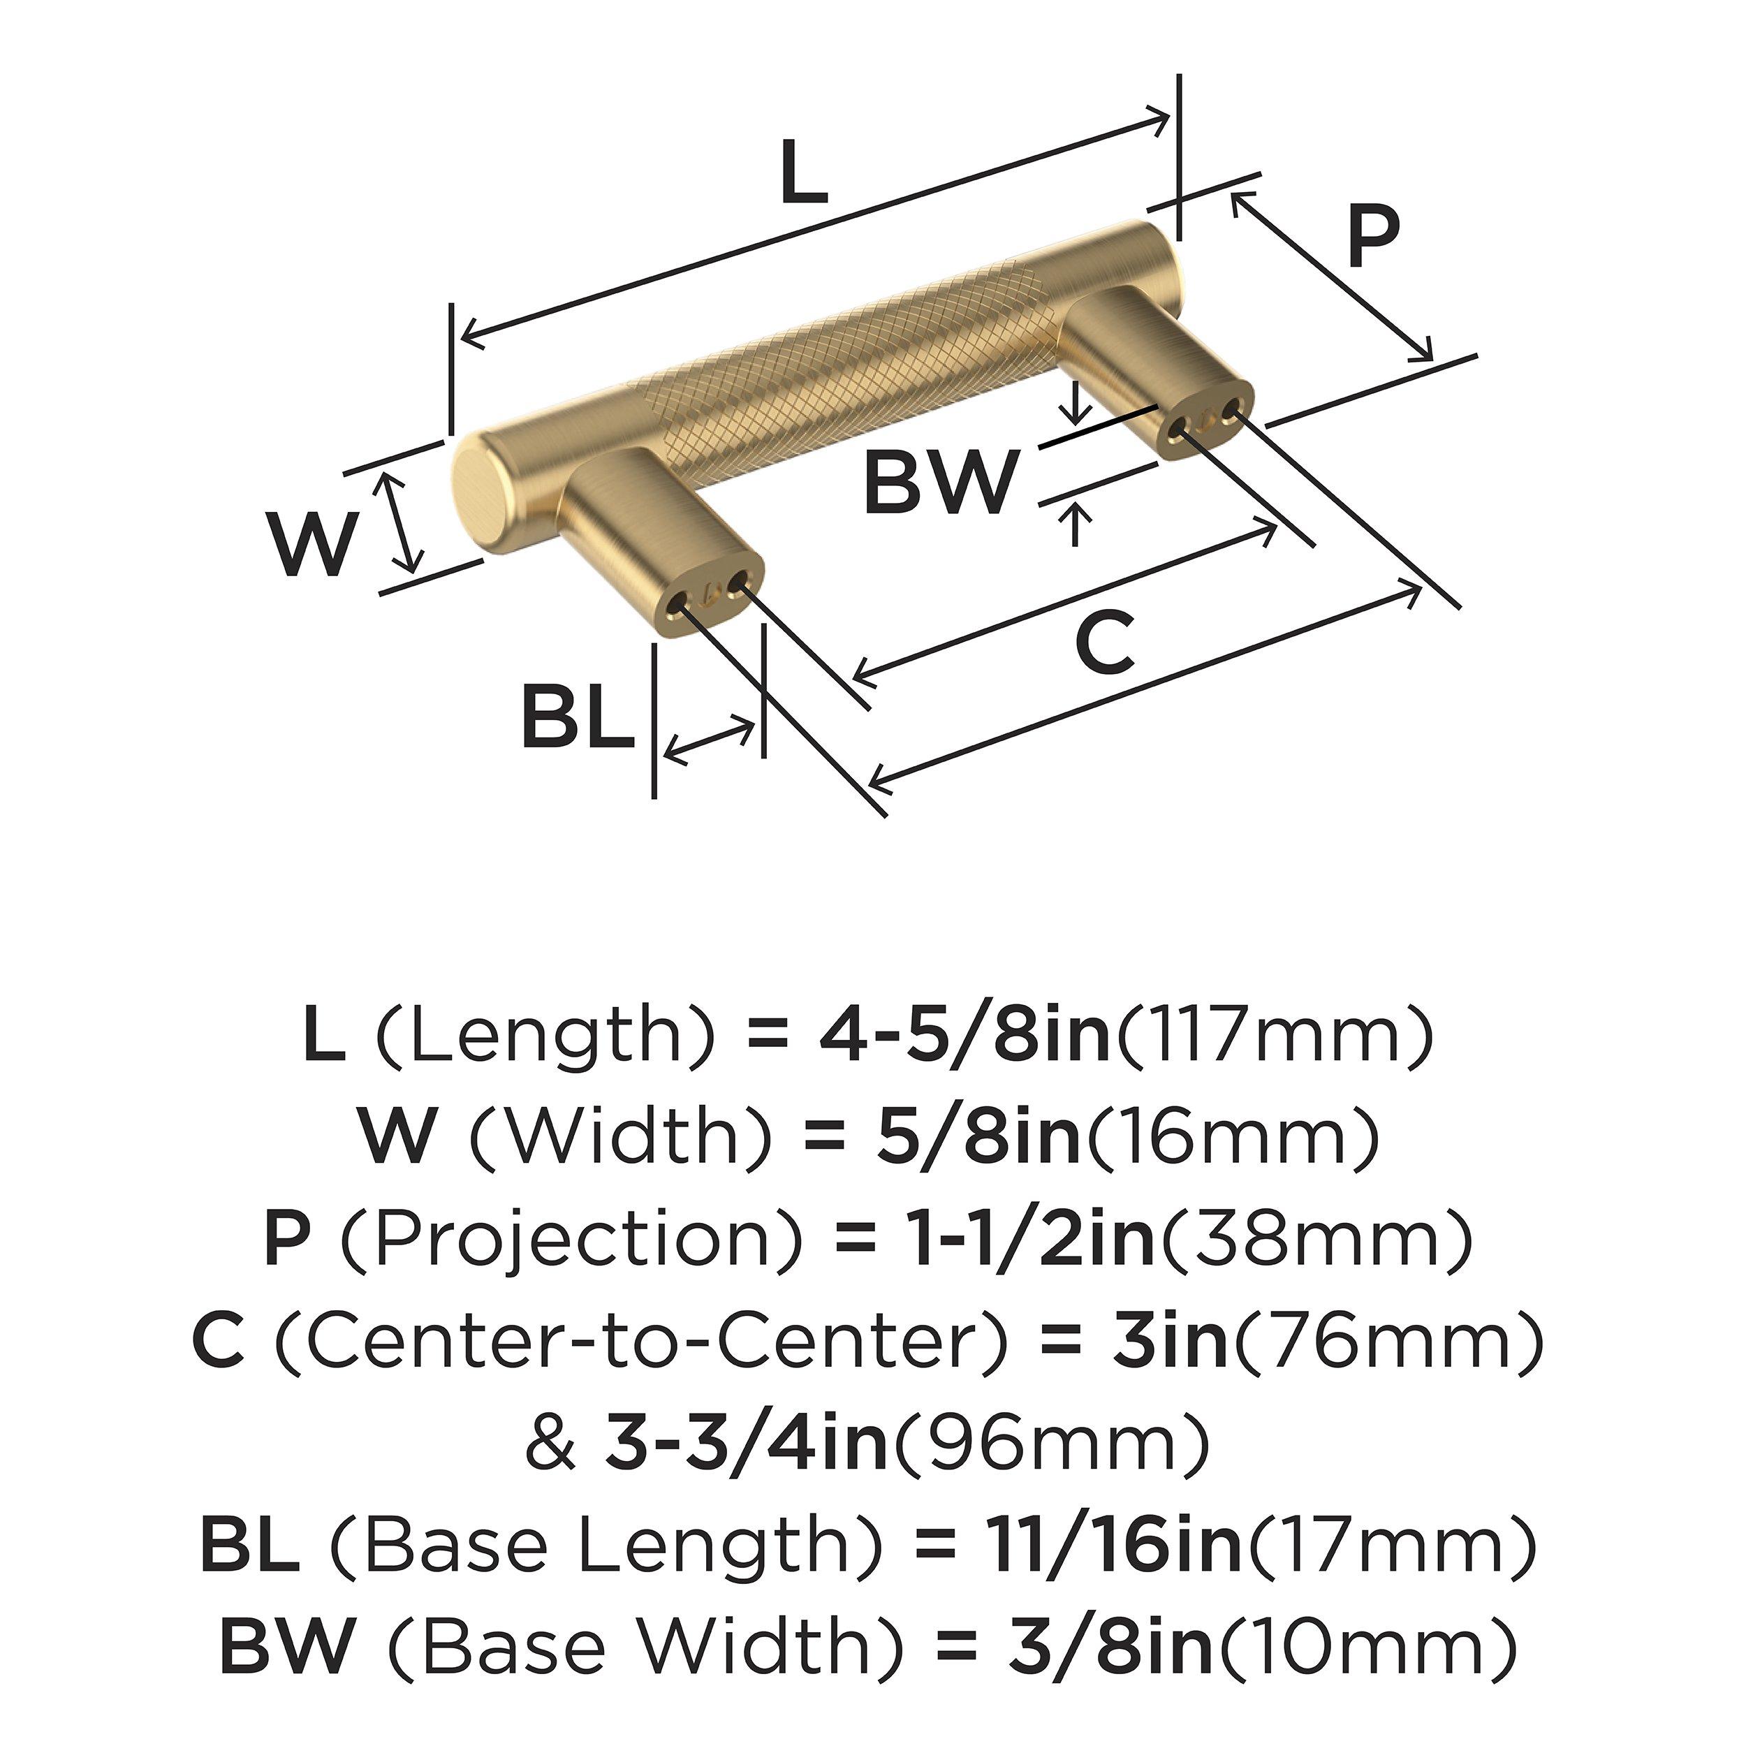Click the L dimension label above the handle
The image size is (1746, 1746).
point(803,173)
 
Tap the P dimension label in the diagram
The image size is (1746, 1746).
point(1373,237)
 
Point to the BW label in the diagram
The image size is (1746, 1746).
point(941,483)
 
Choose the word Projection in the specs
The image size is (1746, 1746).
point(571,1239)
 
